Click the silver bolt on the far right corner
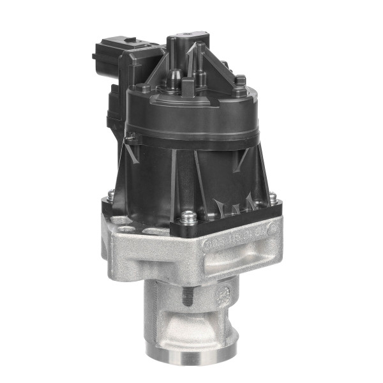(x=273, y=198)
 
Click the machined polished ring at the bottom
(x=191, y=353)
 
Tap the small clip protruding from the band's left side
(x=131, y=137)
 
